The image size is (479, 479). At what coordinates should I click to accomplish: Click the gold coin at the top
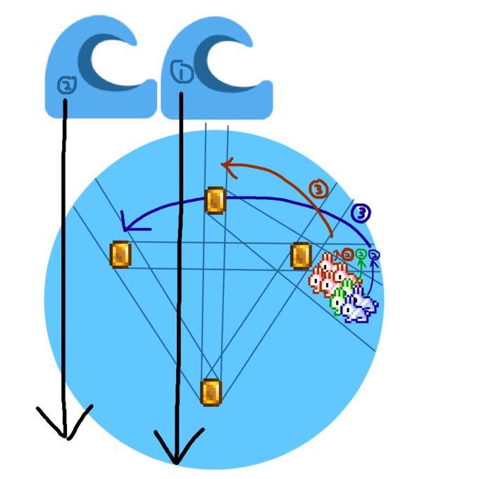point(215,200)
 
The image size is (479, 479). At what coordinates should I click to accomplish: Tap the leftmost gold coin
point(120,254)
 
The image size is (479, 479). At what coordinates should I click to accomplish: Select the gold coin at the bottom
point(211,392)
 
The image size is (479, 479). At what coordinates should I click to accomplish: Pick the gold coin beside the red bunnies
point(301,255)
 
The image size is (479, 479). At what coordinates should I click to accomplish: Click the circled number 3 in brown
point(319,189)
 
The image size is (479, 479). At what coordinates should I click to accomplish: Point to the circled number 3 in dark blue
point(360,212)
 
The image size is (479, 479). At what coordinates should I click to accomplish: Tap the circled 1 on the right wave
point(178,70)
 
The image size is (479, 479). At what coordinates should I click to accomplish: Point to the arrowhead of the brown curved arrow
point(224,165)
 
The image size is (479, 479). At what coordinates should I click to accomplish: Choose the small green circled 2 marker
point(361,254)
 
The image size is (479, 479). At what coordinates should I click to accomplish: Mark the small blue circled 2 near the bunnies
point(374,254)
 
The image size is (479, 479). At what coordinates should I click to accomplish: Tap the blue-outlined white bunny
point(360,305)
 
